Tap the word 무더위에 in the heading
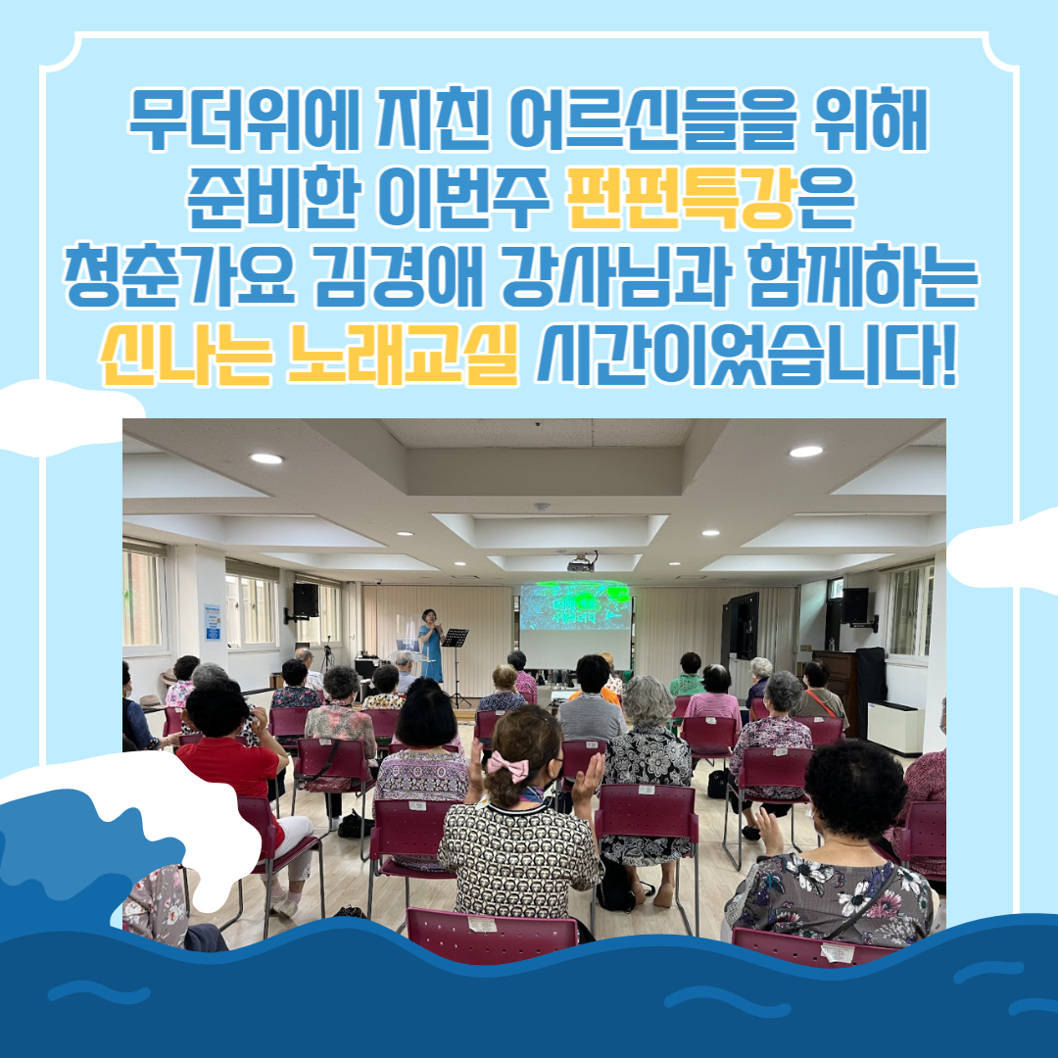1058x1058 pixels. click(x=244, y=120)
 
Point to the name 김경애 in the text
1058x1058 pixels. click(x=400, y=274)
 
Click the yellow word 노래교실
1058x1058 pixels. click(x=404, y=354)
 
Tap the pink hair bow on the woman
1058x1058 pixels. click(x=509, y=766)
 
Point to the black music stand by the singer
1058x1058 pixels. click(x=456, y=664)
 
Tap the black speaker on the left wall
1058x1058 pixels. click(x=305, y=600)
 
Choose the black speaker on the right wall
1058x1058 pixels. click(x=855, y=605)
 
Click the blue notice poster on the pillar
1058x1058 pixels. click(x=214, y=622)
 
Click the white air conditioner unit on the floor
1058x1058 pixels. click(x=895, y=727)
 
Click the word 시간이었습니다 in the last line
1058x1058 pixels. click(x=736, y=354)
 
